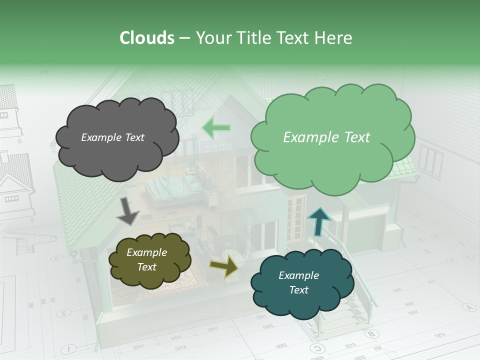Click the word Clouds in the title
(x=147, y=38)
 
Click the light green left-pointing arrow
(x=216, y=128)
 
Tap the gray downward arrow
(x=127, y=211)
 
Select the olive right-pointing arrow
(x=224, y=266)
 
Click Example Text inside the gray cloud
(x=112, y=137)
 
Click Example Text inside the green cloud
(x=326, y=137)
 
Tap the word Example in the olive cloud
(x=146, y=252)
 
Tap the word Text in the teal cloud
(x=298, y=290)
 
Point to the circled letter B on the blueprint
(x=370, y=333)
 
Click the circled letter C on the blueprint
(x=316, y=348)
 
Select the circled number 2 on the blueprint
(x=63, y=314)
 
